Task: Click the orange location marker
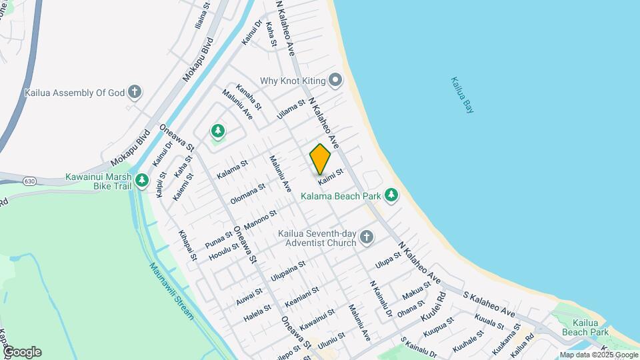[320, 159]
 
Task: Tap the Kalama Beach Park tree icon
[391, 195]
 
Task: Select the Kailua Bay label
[461, 95]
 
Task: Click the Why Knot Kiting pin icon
[335, 81]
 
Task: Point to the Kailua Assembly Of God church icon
[135, 92]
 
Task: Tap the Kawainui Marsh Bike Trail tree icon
[141, 180]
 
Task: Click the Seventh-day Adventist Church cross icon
[366, 237]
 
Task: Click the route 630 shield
[28, 181]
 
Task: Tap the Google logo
[21, 352]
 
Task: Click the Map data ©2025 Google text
[599, 355]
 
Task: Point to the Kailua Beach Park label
[585, 327]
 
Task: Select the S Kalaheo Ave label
[491, 303]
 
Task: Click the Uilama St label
[291, 107]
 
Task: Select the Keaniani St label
[302, 295]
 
